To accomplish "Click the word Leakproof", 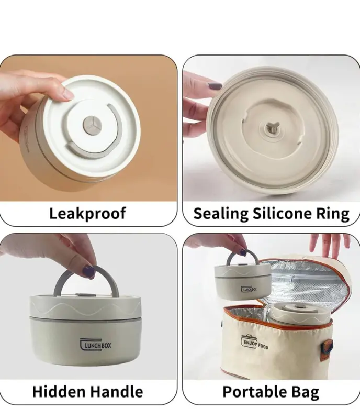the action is pos(87,214).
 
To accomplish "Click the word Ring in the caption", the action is pos(333,214).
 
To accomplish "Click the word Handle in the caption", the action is pos(116,392).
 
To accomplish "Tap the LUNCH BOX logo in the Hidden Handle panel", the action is pos(96,345).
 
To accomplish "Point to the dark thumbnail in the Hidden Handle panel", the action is pos(88,271).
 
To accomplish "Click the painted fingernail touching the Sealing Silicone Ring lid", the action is pos(215,85).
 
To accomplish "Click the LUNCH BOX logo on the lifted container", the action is pos(249,289).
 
